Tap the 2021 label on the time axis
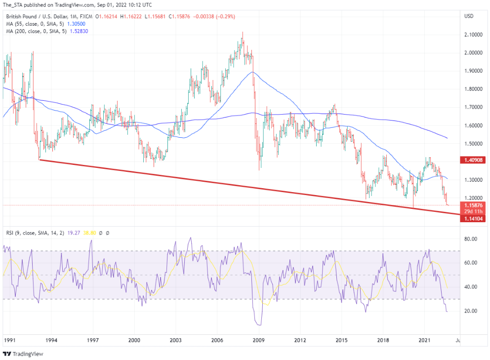425,340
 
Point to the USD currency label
469,16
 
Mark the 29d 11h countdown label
472,211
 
